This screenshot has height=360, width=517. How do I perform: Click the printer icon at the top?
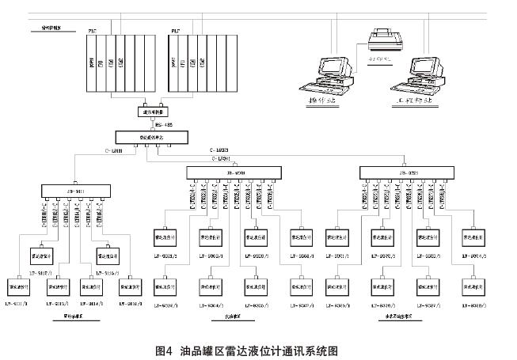382,36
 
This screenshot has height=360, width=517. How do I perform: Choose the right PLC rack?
196,61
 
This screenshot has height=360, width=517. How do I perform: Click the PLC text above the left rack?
93,31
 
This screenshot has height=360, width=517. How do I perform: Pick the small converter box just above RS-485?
153,112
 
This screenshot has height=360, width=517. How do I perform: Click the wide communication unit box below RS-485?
153,136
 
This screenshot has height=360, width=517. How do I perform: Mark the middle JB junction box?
235,173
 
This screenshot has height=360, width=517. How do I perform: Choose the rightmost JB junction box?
409,173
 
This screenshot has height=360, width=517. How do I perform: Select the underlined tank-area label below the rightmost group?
401,316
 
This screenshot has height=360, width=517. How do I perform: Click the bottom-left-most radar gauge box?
18,286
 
